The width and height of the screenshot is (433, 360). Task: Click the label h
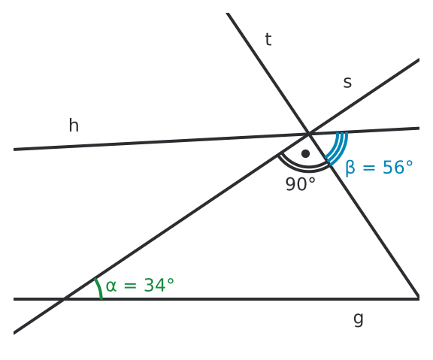(x=74, y=126)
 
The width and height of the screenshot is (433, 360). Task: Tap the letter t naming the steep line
(x=268, y=40)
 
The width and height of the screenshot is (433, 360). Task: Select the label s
(x=347, y=82)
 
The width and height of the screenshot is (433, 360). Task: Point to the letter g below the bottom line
(x=359, y=319)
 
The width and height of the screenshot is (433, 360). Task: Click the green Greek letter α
(x=111, y=286)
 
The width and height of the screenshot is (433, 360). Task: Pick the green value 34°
(x=159, y=285)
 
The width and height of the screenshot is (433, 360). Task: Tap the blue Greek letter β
(x=350, y=168)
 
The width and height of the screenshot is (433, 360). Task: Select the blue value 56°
(x=398, y=167)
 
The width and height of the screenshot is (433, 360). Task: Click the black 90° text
(x=300, y=184)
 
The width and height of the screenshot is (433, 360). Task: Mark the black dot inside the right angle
(x=305, y=153)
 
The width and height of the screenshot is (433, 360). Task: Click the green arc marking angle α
(x=99, y=288)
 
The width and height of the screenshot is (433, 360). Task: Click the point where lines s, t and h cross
(x=309, y=134)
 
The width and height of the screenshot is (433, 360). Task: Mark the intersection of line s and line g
(x=65, y=299)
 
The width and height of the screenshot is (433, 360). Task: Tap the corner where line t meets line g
(x=419, y=298)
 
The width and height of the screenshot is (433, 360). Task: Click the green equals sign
(x=130, y=286)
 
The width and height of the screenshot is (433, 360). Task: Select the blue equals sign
(x=369, y=168)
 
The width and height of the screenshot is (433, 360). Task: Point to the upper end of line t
(x=227, y=14)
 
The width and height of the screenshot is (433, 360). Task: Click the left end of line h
(x=14, y=150)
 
